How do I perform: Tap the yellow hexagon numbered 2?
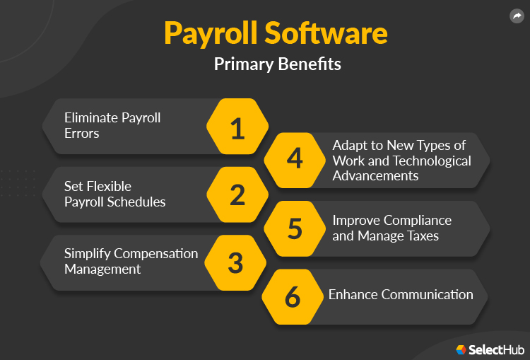(x=237, y=194)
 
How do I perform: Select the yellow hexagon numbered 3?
(x=236, y=262)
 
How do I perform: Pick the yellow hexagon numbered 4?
(x=295, y=160)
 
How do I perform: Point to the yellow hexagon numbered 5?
(x=295, y=228)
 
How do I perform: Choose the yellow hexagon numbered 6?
(x=293, y=296)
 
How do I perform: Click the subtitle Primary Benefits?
(x=277, y=64)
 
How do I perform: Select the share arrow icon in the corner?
(x=517, y=16)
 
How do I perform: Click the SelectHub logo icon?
(x=461, y=349)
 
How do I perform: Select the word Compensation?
(x=155, y=253)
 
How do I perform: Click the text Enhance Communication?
(x=401, y=294)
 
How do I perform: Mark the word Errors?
(x=81, y=133)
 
